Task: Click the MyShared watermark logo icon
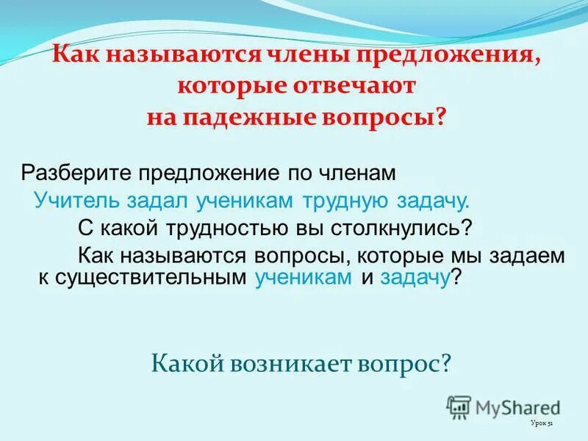pos(459,406)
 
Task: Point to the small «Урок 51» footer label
pos(542,424)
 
